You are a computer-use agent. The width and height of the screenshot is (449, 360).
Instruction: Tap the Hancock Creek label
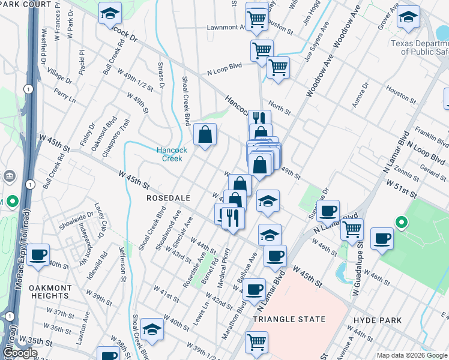click(172, 154)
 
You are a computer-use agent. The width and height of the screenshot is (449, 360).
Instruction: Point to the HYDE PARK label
click(378, 320)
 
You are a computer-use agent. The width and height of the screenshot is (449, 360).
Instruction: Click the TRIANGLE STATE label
click(289, 320)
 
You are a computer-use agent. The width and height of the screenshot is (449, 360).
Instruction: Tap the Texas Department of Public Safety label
click(419, 47)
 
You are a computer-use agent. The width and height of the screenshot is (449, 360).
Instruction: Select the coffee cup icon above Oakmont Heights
click(38, 254)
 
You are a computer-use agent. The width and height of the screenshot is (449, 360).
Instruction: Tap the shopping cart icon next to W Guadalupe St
click(352, 228)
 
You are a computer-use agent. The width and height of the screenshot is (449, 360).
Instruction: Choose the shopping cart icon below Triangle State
click(257, 341)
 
